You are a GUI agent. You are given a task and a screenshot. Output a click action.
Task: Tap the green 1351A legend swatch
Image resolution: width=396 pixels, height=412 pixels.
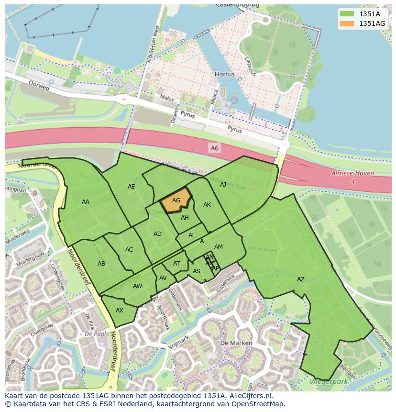347,13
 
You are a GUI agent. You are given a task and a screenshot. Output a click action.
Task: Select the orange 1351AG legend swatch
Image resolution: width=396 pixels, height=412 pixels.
347,23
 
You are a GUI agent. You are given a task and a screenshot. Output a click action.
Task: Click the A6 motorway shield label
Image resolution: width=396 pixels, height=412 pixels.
214,148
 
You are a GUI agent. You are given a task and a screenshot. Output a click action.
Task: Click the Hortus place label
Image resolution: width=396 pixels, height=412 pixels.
224,75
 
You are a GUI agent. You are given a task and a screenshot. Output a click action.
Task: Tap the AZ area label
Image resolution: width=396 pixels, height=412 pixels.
300,279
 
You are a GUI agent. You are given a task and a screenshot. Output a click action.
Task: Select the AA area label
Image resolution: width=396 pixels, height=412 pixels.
86,202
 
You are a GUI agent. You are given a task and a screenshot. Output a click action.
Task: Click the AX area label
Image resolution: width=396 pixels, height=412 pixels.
120,310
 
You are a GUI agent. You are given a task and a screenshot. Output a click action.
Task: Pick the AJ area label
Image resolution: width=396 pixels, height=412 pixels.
223,184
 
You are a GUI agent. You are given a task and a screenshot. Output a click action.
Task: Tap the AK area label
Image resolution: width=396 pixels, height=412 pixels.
207,205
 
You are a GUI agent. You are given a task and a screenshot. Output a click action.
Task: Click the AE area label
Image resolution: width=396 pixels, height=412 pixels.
131,187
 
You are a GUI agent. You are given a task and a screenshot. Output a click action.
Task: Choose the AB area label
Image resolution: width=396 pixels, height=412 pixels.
101,264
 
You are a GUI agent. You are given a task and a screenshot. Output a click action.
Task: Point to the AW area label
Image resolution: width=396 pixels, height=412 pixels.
138,286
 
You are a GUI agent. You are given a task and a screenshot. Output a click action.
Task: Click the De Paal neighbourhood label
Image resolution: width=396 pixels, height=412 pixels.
95,333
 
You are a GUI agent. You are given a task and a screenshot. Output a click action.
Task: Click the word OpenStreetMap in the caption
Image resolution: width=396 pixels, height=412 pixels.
257,403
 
